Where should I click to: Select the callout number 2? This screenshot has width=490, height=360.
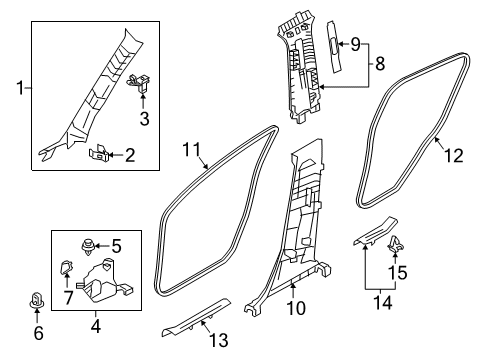[x=130, y=154]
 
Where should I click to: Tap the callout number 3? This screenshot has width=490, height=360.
[x=143, y=120]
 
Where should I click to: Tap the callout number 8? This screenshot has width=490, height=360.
[x=380, y=66]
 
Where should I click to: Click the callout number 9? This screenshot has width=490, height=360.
[x=353, y=43]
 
